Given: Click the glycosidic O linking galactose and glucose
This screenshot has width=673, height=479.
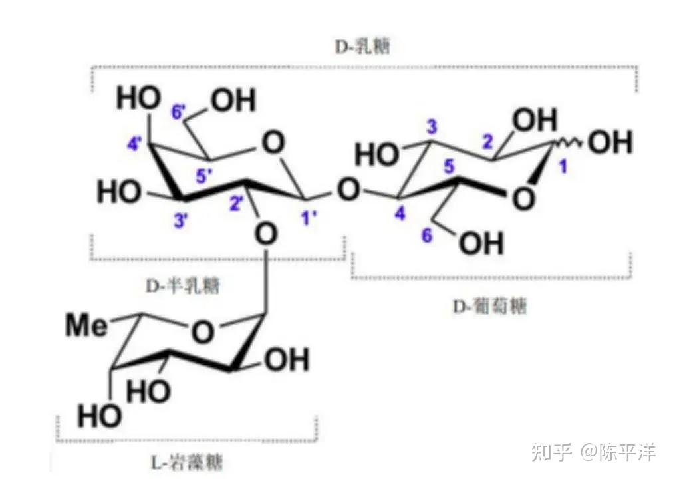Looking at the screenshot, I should pos(346,191).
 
